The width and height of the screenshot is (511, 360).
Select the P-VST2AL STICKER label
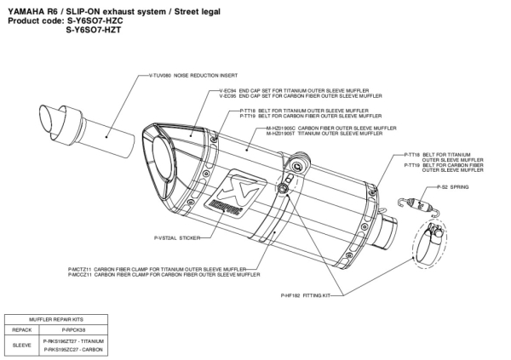pos(176,238)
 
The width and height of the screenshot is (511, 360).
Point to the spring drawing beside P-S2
pos(418,202)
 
